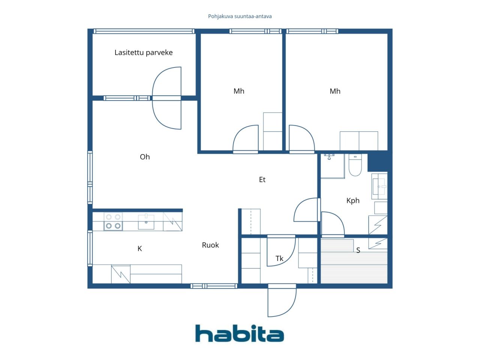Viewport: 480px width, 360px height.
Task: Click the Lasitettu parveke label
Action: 144,52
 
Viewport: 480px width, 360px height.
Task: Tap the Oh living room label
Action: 145,157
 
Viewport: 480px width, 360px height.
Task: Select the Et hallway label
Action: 262,180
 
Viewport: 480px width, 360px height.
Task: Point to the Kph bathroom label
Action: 353,201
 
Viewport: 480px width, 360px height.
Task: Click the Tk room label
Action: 279,258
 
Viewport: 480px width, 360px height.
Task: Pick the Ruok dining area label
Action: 210,245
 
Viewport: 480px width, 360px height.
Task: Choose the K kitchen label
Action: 139,249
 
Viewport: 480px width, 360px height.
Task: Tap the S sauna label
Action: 358,250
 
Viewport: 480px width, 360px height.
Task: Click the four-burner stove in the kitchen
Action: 113,221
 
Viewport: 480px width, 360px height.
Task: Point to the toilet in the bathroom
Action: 355,165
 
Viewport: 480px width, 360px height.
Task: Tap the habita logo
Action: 240,333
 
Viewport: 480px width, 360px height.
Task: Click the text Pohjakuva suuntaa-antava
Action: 240,16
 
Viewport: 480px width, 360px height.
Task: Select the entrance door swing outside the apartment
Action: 282,300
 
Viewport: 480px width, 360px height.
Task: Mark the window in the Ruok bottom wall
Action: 214,286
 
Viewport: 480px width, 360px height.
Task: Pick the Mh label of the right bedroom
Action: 335,91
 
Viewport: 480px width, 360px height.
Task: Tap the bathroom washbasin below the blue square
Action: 379,186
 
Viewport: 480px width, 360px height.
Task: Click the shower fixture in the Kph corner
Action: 329,156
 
